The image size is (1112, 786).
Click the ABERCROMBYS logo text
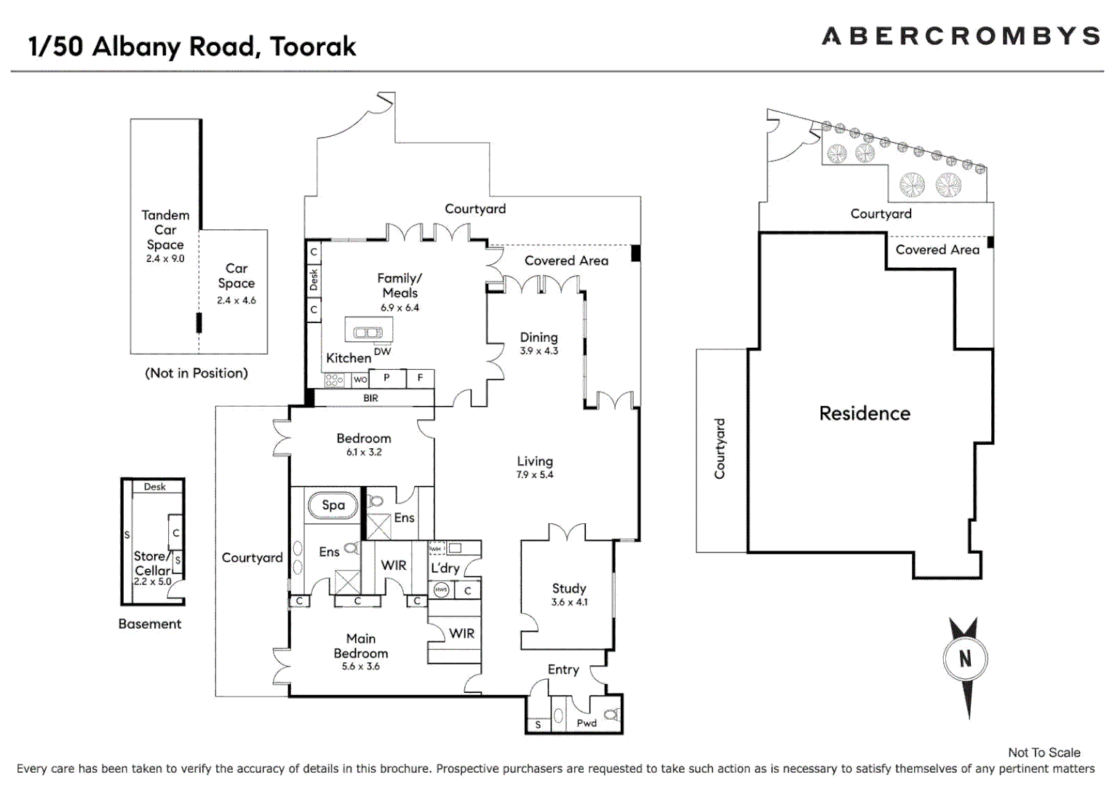coord(960,36)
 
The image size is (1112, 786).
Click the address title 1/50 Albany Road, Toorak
coord(192,47)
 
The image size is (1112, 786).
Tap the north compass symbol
coord(965,660)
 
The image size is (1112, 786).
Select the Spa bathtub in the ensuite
coord(333,505)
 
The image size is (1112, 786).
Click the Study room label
coord(568,588)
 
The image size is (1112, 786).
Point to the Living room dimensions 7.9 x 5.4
coord(534,475)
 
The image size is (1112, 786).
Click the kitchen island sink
coord(368,333)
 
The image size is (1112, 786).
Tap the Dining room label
coord(539,338)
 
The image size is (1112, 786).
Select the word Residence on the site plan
coord(865,413)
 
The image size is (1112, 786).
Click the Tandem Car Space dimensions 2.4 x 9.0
coord(165,258)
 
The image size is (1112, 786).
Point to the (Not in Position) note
coord(196,373)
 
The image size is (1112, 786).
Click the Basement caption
coord(149,624)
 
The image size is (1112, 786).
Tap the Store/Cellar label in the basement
coord(151,563)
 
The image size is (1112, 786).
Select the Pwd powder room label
coord(586,723)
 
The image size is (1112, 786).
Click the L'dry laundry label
coord(445,568)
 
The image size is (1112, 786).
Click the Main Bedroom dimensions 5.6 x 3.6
coord(360,667)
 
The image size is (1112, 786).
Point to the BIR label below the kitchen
coord(370,398)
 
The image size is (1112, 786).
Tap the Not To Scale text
coord(1044,753)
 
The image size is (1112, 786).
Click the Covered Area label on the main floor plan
coord(566,261)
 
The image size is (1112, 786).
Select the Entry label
coord(563,670)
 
